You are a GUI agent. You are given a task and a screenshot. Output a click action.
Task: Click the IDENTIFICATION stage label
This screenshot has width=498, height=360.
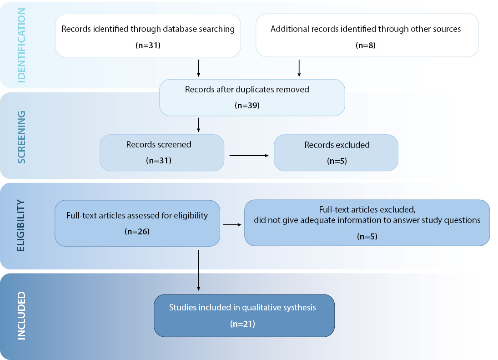21,46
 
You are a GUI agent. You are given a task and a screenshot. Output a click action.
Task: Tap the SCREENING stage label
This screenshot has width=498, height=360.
21,137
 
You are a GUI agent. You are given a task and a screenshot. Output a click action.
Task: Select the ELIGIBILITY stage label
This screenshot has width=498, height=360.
20,226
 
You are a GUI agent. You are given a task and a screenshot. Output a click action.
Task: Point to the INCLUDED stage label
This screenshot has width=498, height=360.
21,316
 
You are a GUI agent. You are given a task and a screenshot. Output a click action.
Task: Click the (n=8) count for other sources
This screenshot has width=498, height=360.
366,46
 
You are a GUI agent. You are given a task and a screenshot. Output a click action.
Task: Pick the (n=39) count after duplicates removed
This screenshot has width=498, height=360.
247,106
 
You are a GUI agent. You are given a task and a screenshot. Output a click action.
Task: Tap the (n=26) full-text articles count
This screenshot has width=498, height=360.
137,231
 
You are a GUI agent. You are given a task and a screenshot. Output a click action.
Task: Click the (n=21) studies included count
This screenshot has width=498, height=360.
243,324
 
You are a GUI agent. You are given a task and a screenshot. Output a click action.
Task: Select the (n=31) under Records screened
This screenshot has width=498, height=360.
159,161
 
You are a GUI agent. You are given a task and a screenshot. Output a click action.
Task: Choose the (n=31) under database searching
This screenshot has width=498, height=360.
148,46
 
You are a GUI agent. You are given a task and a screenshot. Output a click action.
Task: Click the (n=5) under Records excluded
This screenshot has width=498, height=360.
337,161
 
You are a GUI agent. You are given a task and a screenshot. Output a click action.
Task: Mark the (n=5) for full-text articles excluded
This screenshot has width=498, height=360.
367,236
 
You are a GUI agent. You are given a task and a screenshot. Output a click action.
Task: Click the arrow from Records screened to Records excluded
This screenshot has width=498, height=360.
249,156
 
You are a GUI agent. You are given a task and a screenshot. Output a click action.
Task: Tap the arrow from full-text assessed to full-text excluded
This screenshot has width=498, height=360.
232,225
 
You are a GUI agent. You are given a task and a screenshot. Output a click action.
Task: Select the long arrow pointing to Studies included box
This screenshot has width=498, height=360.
198,270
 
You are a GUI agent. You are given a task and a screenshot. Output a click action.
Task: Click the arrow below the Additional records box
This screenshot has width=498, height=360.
299,68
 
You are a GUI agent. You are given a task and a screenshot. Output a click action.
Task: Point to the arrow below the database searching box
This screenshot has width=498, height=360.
198,68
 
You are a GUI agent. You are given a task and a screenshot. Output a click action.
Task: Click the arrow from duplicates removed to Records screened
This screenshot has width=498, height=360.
198,125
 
